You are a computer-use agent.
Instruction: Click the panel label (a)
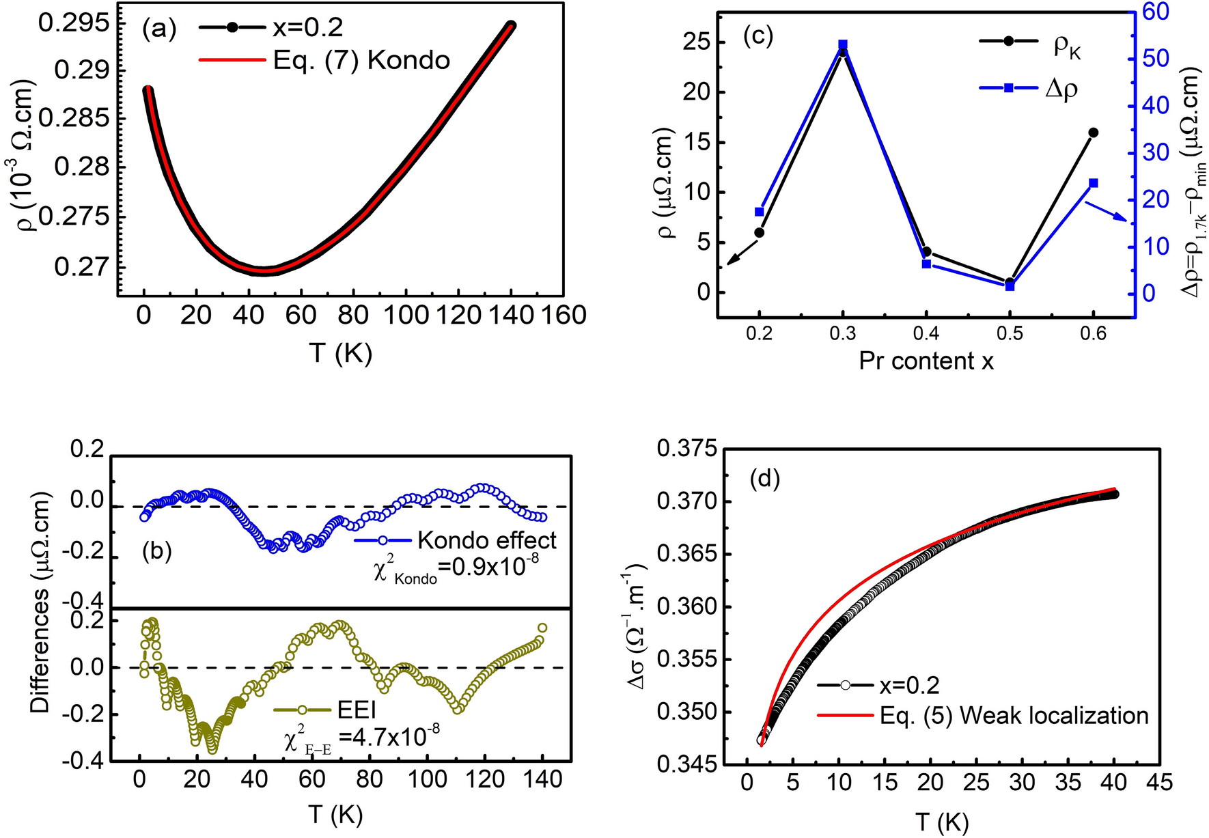pyautogui.click(x=159, y=29)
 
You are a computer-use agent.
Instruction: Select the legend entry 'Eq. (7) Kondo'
pyautogui.click(x=361, y=61)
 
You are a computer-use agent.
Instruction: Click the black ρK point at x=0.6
pyautogui.click(x=1093, y=132)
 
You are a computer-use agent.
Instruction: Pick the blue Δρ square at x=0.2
pyautogui.click(x=759, y=212)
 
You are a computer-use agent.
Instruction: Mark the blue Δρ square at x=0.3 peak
pyautogui.click(x=843, y=44)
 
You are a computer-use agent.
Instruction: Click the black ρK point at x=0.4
pyautogui.click(x=926, y=252)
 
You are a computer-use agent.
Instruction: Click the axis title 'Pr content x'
pyautogui.click(x=926, y=361)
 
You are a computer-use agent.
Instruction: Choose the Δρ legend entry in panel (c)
pyautogui.click(x=1061, y=89)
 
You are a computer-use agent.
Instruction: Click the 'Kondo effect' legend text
pyautogui.click(x=486, y=541)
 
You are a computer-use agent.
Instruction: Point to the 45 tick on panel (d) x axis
pyautogui.click(x=1158, y=782)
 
